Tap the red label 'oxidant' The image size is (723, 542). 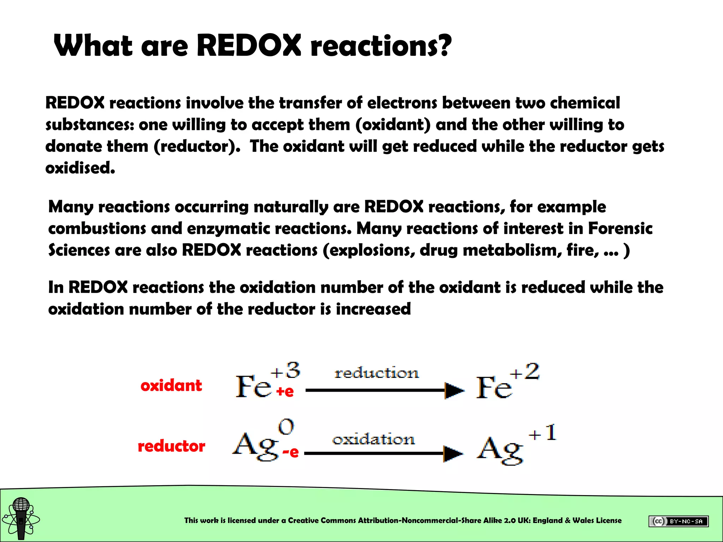coord(171,385)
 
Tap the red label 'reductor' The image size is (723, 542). coord(171,446)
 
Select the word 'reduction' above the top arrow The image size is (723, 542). coord(377,373)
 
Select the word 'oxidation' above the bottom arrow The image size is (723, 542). coord(374,439)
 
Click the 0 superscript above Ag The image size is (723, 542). coord(286,427)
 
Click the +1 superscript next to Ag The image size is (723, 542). coord(543,433)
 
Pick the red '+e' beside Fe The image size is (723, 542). coord(285,391)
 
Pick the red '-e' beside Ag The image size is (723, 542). coord(291,452)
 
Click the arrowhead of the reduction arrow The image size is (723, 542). coord(454,390)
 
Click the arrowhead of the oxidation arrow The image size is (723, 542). coord(453,454)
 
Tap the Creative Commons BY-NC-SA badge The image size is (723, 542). coord(678,521)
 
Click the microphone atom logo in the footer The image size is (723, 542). coord(21,518)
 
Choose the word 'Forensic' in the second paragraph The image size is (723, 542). coord(620,228)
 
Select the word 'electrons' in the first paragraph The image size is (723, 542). coord(402,103)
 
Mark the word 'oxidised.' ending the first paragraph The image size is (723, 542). coord(80,168)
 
